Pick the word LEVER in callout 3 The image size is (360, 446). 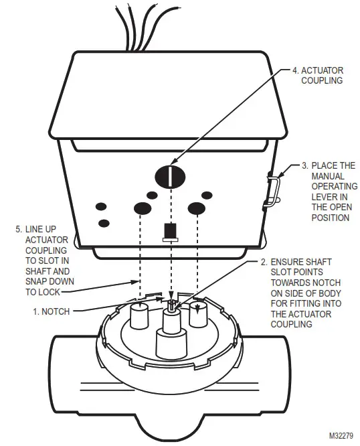325,197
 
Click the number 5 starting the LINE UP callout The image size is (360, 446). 18,228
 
